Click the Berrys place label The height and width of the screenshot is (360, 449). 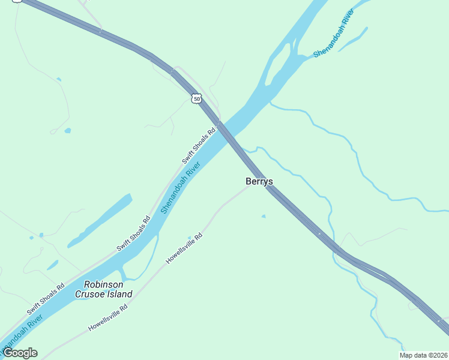(x=259, y=181)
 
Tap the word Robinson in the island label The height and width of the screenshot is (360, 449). (x=104, y=284)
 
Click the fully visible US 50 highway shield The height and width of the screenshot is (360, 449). (x=197, y=98)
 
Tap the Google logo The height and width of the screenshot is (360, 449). (x=20, y=353)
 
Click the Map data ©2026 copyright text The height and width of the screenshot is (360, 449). (x=423, y=355)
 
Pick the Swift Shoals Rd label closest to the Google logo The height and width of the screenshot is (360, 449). (x=46, y=299)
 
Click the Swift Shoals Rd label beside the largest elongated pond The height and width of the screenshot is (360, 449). (x=133, y=233)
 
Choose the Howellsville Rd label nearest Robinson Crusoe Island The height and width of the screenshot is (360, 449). (x=108, y=319)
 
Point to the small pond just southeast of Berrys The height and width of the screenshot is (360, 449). (x=263, y=216)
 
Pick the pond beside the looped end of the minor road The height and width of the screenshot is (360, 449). (x=67, y=130)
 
